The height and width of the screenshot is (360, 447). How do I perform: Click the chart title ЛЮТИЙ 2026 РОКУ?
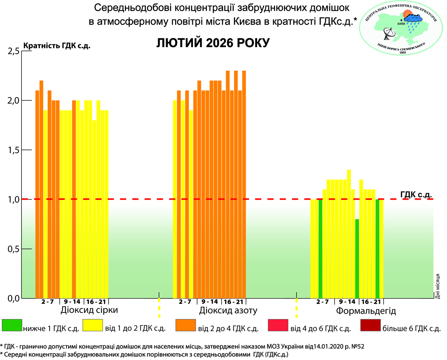[x=213, y=43]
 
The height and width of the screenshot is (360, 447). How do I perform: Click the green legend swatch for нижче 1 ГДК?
[x=11, y=325]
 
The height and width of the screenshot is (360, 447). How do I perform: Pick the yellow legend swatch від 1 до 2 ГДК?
[x=93, y=325]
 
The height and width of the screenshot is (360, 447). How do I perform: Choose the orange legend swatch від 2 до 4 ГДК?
[x=185, y=325]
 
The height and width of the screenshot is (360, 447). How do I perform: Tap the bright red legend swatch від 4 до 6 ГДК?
[x=278, y=325]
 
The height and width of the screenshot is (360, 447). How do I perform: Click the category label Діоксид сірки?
[x=89, y=310]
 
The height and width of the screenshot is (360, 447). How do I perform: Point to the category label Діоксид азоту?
[x=229, y=310]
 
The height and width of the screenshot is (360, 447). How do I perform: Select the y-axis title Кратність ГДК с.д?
[x=57, y=46]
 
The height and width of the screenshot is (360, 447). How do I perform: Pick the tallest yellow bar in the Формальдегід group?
[x=349, y=234]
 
